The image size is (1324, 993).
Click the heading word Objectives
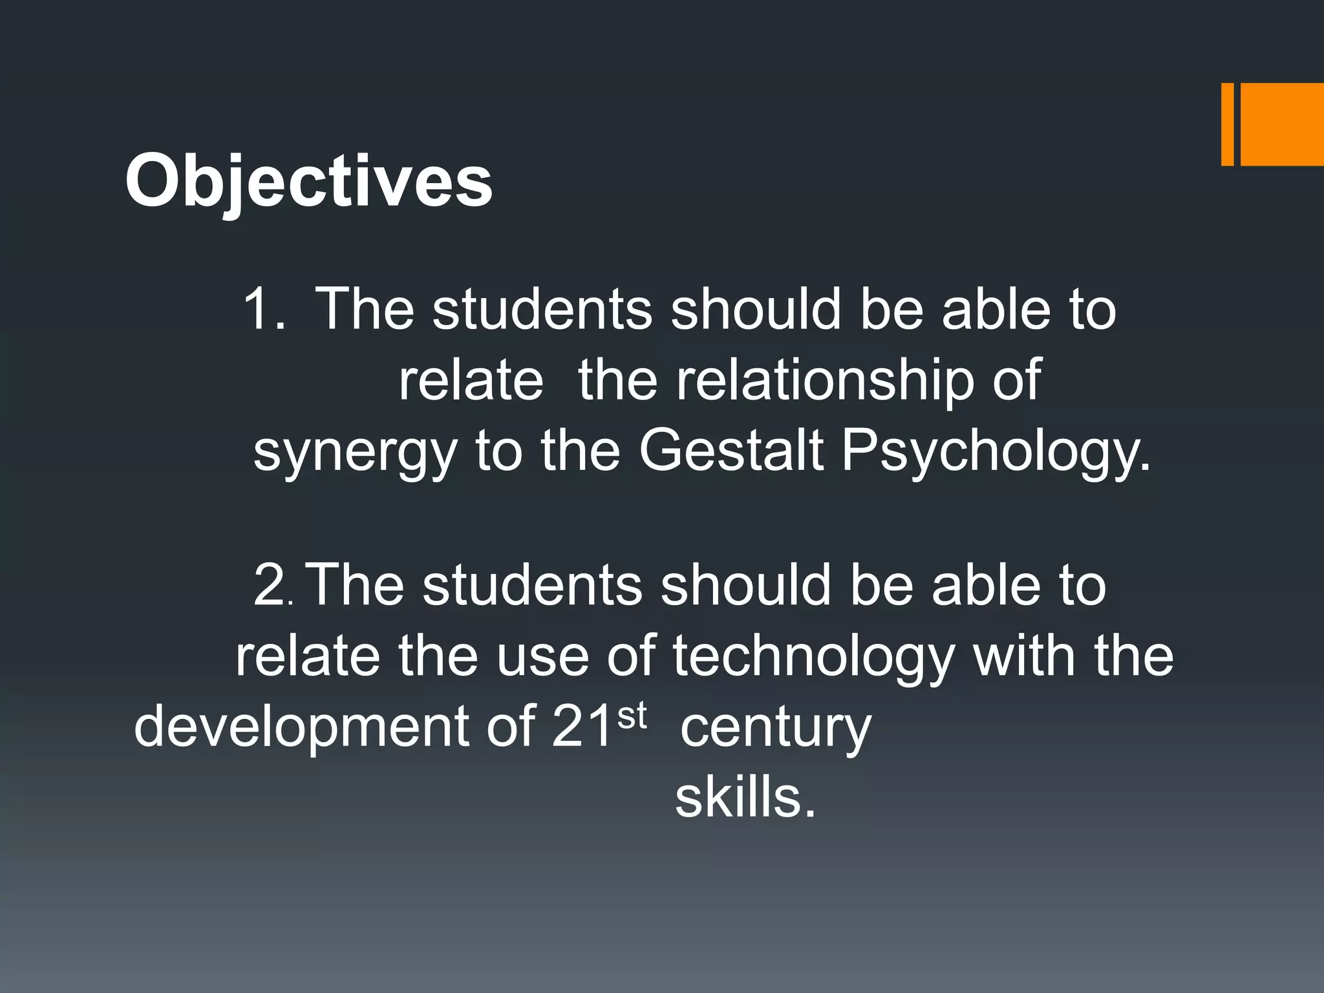309,181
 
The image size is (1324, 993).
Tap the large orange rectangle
1282,124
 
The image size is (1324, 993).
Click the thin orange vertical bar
1227,124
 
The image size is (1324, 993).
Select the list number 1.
264,309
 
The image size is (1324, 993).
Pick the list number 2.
273,586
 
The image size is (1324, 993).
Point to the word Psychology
996,451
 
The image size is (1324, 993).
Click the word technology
813,657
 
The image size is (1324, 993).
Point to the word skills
745,796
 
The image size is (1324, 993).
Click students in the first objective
542,309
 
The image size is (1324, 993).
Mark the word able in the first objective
996,309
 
